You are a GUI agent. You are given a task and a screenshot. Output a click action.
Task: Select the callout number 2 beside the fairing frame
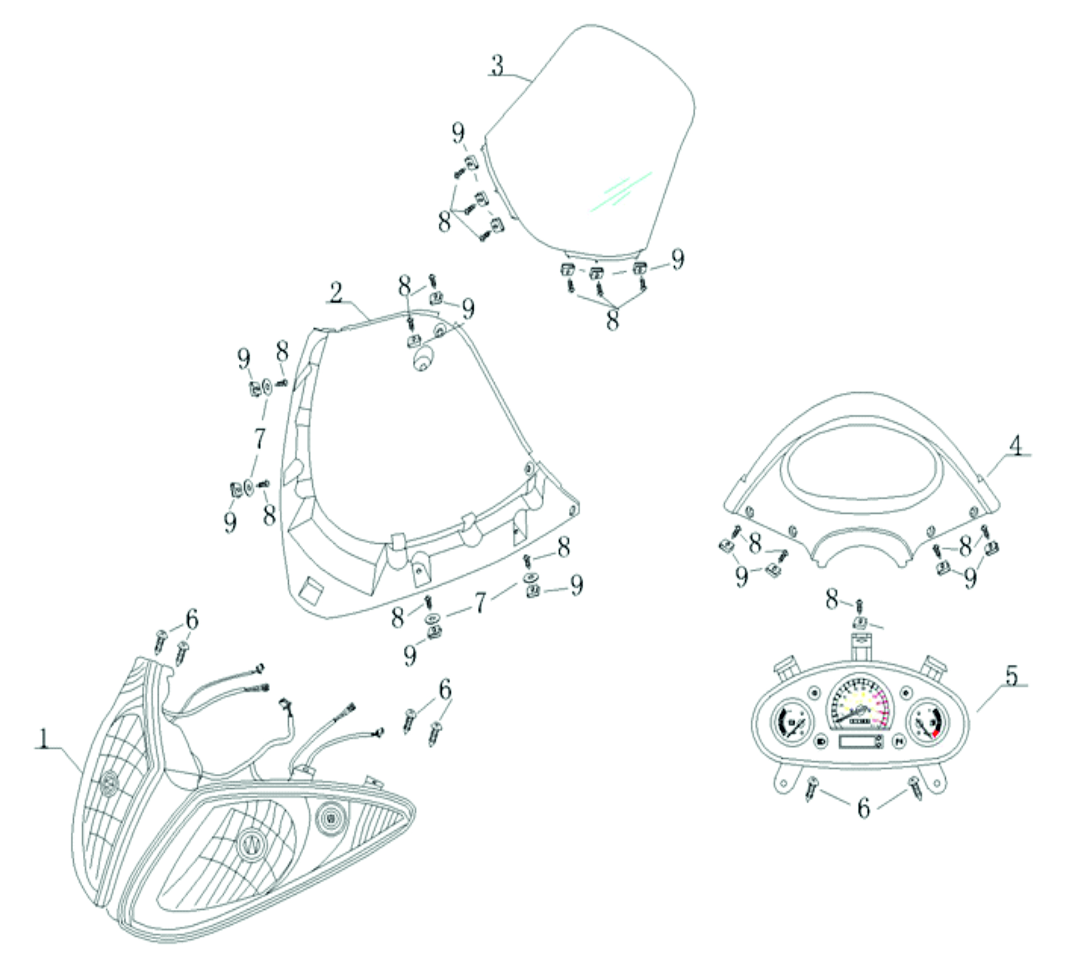(x=336, y=293)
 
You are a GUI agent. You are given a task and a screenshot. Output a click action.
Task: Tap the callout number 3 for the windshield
(x=497, y=65)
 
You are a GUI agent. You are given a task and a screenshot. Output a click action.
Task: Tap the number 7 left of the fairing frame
(x=260, y=439)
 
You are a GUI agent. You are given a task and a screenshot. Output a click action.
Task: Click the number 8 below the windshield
(x=612, y=321)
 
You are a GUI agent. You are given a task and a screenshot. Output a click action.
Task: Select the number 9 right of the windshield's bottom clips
(x=678, y=260)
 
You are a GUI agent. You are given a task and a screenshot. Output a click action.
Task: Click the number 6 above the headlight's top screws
(x=192, y=619)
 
